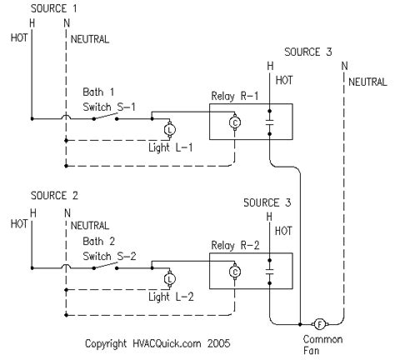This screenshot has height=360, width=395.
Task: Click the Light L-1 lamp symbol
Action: [x=169, y=129]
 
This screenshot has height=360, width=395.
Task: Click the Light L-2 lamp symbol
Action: [x=169, y=279]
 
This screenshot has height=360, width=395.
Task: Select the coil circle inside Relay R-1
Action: [x=235, y=122]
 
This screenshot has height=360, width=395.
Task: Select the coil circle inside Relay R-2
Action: [x=235, y=272]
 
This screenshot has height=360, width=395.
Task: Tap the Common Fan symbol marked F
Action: [x=320, y=324]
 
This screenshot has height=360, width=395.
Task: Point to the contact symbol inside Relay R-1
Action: [x=269, y=122]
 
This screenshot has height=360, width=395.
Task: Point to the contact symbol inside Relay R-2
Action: [x=269, y=272]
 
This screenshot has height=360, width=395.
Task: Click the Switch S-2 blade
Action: [x=106, y=266]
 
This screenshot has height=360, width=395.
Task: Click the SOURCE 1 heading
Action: [x=53, y=8]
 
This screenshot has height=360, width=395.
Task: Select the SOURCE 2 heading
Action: [x=54, y=196]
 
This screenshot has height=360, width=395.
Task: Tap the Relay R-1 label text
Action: [x=235, y=97]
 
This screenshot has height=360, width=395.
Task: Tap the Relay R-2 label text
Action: [x=235, y=246]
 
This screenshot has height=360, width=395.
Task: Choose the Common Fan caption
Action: [x=322, y=345]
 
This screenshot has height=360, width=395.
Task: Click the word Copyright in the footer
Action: [x=106, y=344]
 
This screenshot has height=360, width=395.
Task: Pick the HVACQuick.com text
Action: [x=167, y=343]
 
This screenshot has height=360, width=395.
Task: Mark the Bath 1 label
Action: [x=98, y=92]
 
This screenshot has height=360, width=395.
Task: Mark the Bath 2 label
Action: [x=99, y=241]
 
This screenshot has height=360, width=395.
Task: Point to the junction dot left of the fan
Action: [x=300, y=324]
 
